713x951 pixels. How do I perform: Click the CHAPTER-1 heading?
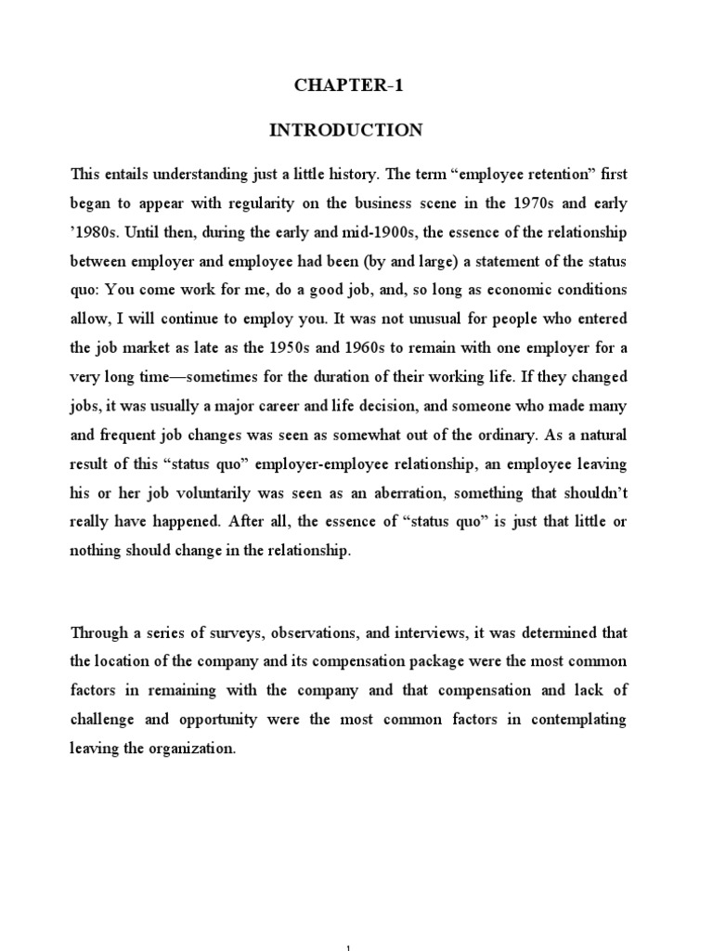click(345, 86)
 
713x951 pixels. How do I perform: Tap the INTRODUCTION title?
click(345, 131)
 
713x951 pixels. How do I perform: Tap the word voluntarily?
click(222, 492)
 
